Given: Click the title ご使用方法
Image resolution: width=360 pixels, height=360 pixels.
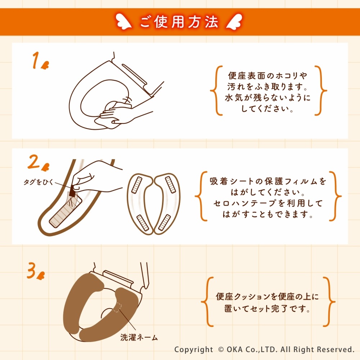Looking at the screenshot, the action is click(179, 22).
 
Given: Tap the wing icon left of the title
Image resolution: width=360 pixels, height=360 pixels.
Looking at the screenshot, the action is click(123, 22).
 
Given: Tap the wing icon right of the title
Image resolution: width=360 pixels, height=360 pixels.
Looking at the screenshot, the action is click(234, 22).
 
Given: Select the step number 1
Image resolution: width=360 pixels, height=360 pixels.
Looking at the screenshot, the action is click(36, 60).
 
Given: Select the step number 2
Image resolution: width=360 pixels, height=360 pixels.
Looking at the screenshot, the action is click(34, 162).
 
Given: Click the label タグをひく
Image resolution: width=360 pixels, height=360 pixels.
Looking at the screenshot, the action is click(39, 182).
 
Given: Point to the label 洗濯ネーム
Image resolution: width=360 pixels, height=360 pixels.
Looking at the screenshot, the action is click(139, 337).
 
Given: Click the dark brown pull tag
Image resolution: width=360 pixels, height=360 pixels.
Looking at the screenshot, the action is click(73, 191).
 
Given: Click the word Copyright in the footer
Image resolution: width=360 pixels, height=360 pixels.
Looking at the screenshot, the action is click(194, 350).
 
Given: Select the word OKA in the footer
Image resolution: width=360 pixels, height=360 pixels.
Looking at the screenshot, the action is click(235, 349).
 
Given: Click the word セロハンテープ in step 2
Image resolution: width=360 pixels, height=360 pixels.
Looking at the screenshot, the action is click(245, 203).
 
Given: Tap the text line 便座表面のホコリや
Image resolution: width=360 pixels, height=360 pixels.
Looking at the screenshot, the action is click(267, 75).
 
